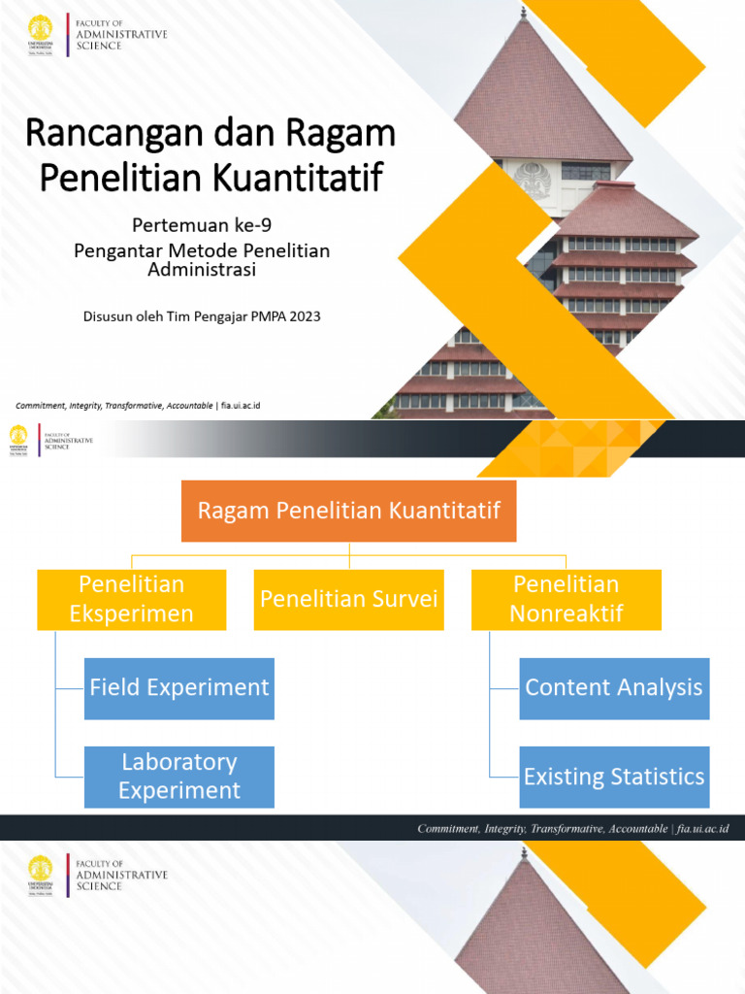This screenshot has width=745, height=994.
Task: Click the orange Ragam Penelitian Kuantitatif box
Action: (348, 511)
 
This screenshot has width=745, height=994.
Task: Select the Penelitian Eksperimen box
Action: (132, 599)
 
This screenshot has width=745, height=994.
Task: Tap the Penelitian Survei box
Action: (349, 599)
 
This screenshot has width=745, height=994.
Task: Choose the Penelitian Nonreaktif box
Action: (567, 599)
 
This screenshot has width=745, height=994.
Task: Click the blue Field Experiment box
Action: (179, 688)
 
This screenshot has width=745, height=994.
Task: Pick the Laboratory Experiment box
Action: (179, 777)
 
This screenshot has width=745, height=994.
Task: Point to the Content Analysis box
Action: (614, 688)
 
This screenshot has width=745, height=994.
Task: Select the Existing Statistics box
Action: (614, 777)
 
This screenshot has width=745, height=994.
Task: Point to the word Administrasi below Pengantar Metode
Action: (202, 269)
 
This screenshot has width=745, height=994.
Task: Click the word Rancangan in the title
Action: (103, 133)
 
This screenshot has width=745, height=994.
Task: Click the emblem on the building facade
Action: (532, 180)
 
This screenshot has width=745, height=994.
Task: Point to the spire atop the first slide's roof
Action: (524, 12)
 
